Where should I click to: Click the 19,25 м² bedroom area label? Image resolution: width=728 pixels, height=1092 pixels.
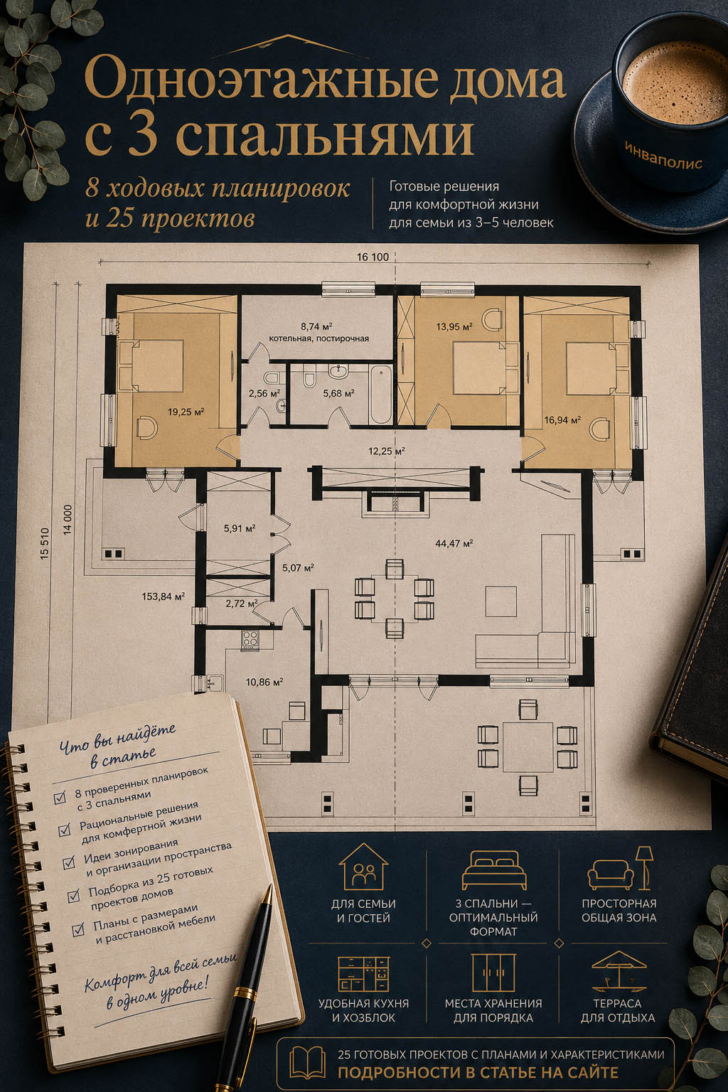click(x=186, y=412)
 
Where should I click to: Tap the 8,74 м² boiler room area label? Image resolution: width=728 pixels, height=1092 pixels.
click(x=316, y=326)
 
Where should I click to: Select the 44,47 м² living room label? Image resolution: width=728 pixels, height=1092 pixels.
click(x=454, y=543)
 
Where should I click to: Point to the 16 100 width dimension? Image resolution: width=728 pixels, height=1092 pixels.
click(x=373, y=257)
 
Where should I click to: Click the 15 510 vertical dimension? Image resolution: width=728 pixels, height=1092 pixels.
click(x=45, y=544)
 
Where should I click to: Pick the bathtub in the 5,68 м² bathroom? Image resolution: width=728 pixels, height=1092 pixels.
click(x=380, y=395)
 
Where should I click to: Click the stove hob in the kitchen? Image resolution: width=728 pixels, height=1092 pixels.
click(x=250, y=639)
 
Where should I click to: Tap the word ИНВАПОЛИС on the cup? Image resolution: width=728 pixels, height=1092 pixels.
click(x=663, y=157)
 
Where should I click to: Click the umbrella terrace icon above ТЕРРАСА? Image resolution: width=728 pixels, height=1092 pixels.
click(x=619, y=972)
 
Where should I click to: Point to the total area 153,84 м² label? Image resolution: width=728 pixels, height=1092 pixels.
click(x=163, y=596)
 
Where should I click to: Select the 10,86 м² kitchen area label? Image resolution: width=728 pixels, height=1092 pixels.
click(x=264, y=682)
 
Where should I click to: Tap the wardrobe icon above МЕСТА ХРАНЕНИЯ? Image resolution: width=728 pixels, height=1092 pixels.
click(x=493, y=973)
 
